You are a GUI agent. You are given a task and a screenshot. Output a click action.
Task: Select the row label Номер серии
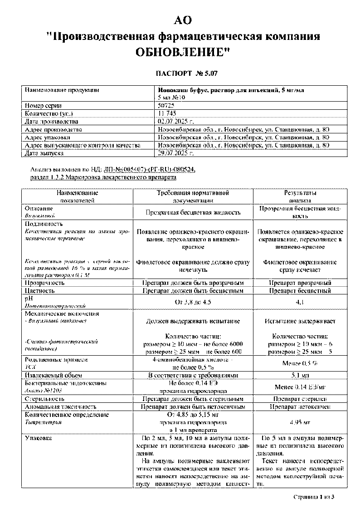[44, 105]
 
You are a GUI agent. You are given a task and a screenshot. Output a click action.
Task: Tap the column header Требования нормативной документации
[193, 196]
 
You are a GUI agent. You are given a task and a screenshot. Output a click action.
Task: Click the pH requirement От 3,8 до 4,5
[193, 302]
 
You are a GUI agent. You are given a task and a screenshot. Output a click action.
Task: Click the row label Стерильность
[47, 399]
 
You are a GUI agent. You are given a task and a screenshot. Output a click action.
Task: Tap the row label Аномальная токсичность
[61, 407]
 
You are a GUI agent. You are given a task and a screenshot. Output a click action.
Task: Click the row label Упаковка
[39, 439]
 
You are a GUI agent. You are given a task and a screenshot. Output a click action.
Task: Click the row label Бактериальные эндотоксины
[66, 383]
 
